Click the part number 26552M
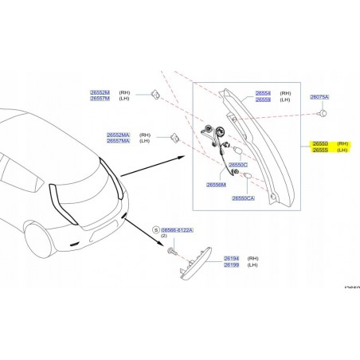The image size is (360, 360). click(x=100, y=92)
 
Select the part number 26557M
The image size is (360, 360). click(x=100, y=99)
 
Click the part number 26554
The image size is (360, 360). click(x=263, y=92)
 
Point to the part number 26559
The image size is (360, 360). click(x=263, y=100)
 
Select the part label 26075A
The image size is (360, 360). click(x=319, y=96)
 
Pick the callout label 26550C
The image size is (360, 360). click(x=238, y=164)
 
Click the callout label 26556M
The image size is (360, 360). click(x=217, y=184)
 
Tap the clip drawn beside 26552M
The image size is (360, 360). click(x=153, y=96)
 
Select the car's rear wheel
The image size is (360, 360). click(x=38, y=236)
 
